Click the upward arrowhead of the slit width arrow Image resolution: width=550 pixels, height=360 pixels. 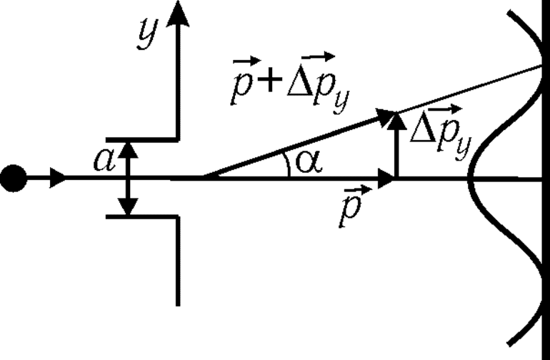pos(127,147)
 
